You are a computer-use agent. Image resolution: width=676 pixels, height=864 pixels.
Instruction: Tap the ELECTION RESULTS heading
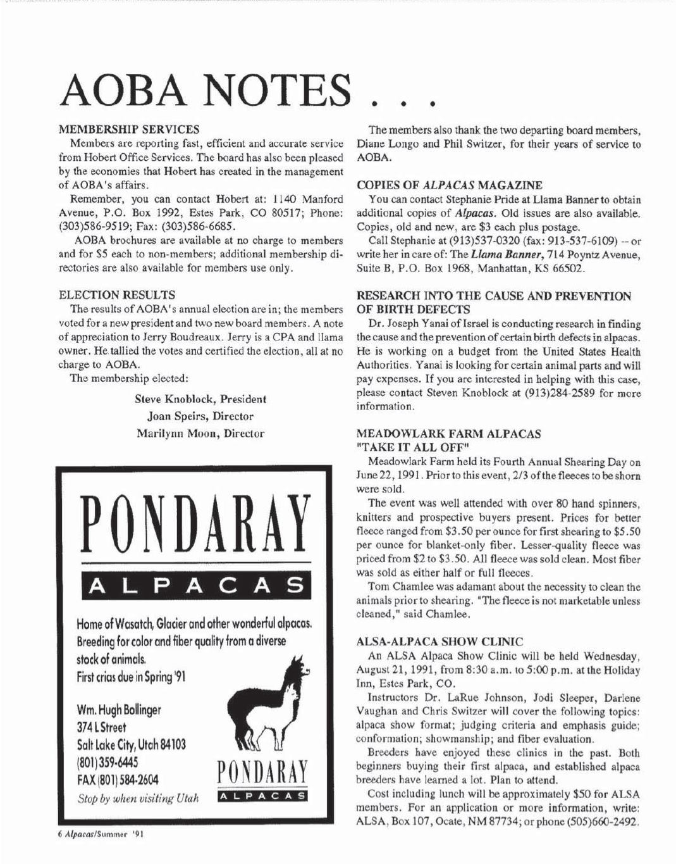[x=116, y=294]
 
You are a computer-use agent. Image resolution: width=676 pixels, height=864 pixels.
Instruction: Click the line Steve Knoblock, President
[x=200, y=399]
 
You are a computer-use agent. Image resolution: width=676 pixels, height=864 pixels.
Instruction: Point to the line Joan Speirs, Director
[x=200, y=416]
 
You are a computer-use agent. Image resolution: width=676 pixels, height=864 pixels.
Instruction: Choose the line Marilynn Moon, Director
[x=200, y=434]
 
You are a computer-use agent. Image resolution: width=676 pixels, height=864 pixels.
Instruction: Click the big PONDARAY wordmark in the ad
[x=195, y=523]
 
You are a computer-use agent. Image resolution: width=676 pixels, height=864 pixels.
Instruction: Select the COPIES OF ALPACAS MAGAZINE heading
[x=450, y=185]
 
